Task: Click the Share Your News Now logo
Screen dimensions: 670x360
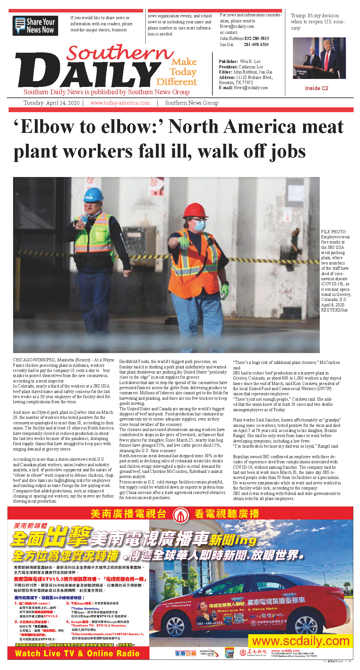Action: tap(35, 26)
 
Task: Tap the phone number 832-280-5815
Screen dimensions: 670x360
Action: tap(257, 38)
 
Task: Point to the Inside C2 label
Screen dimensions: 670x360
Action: tap(317, 88)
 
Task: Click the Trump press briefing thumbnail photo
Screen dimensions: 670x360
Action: tap(319, 58)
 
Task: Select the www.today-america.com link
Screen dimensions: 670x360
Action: tap(120, 103)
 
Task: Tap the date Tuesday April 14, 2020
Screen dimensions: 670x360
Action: tap(51, 103)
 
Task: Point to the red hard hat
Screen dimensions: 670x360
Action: tap(195, 210)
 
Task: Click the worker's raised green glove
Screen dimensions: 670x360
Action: tap(184, 243)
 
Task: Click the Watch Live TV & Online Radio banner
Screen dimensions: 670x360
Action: tap(78, 653)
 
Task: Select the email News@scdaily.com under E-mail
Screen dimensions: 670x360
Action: tap(251, 88)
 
